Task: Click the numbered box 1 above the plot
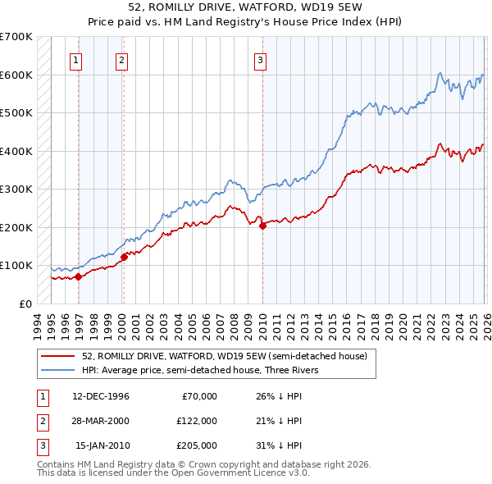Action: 75,59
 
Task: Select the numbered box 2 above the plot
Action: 121,59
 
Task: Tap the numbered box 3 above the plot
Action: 260,59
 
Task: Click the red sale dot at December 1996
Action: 79,276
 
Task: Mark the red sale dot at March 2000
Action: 124,257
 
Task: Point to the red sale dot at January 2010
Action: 262,226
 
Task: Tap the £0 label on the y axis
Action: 26,304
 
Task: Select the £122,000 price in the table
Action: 198,421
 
